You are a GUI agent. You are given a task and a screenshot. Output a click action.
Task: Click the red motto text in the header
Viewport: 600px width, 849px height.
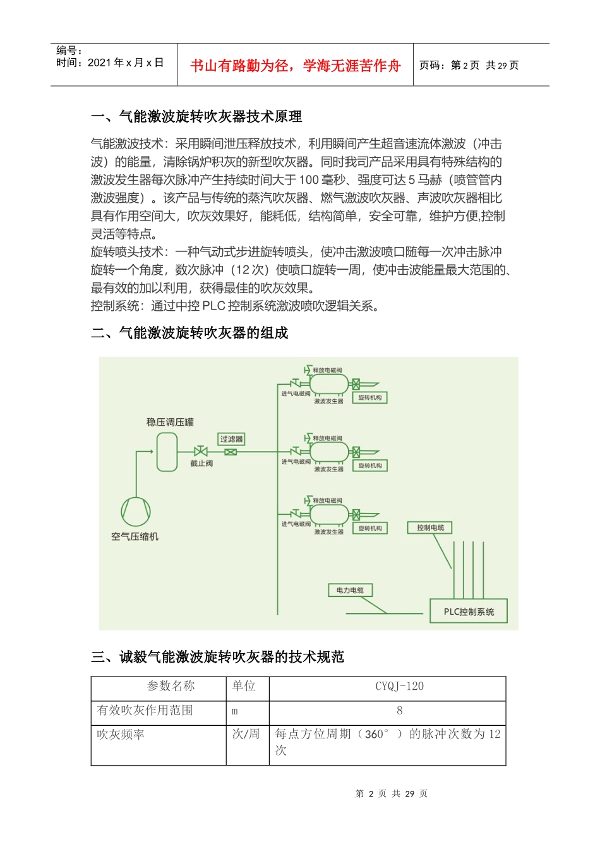tap(295, 66)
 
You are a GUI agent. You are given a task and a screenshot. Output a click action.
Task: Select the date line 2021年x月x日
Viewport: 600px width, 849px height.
tap(110, 63)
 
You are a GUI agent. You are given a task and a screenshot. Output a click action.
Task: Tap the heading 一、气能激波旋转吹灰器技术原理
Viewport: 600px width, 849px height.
tap(196, 116)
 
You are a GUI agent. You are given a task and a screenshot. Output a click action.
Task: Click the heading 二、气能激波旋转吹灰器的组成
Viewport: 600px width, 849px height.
tap(189, 333)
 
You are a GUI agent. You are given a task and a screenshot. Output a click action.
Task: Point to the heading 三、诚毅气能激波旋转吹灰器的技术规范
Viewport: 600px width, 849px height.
tap(217, 657)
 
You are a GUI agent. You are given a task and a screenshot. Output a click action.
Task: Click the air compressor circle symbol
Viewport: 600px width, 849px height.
tap(136, 511)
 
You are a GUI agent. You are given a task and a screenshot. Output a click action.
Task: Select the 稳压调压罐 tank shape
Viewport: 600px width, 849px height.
tap(167, 452)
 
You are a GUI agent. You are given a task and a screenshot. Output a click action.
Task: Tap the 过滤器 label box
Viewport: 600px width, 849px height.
tap(231, 439)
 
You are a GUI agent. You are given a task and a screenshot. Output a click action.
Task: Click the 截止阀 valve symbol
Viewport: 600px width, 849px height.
tap(201, 452)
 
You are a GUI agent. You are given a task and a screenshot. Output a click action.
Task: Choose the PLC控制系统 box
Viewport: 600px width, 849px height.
tap(469, 611)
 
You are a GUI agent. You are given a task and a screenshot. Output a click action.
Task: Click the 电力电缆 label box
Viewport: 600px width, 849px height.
tap(350, 590)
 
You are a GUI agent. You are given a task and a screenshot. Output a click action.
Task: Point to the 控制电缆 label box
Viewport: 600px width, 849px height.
tap(430, 527)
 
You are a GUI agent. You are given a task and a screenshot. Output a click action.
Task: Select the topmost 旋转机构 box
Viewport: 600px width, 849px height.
tap(370, 397)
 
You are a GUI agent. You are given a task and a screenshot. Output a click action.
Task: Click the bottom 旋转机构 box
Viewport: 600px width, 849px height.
tap(370, 528)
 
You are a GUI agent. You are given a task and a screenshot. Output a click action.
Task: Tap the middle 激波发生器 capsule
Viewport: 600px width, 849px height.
tap(329, 452)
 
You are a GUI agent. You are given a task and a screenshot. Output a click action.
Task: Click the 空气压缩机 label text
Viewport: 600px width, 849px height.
tap(135, 536)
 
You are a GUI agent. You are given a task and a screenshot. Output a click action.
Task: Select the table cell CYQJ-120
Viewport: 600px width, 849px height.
tap(399, 687)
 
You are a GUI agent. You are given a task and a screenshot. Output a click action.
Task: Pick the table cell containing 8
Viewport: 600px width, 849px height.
tap(399, 711)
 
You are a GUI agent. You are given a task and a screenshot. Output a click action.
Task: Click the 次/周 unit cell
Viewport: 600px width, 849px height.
tap(246, 735)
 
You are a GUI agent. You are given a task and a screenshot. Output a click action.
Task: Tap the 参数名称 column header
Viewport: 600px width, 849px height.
tap(171, 687)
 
